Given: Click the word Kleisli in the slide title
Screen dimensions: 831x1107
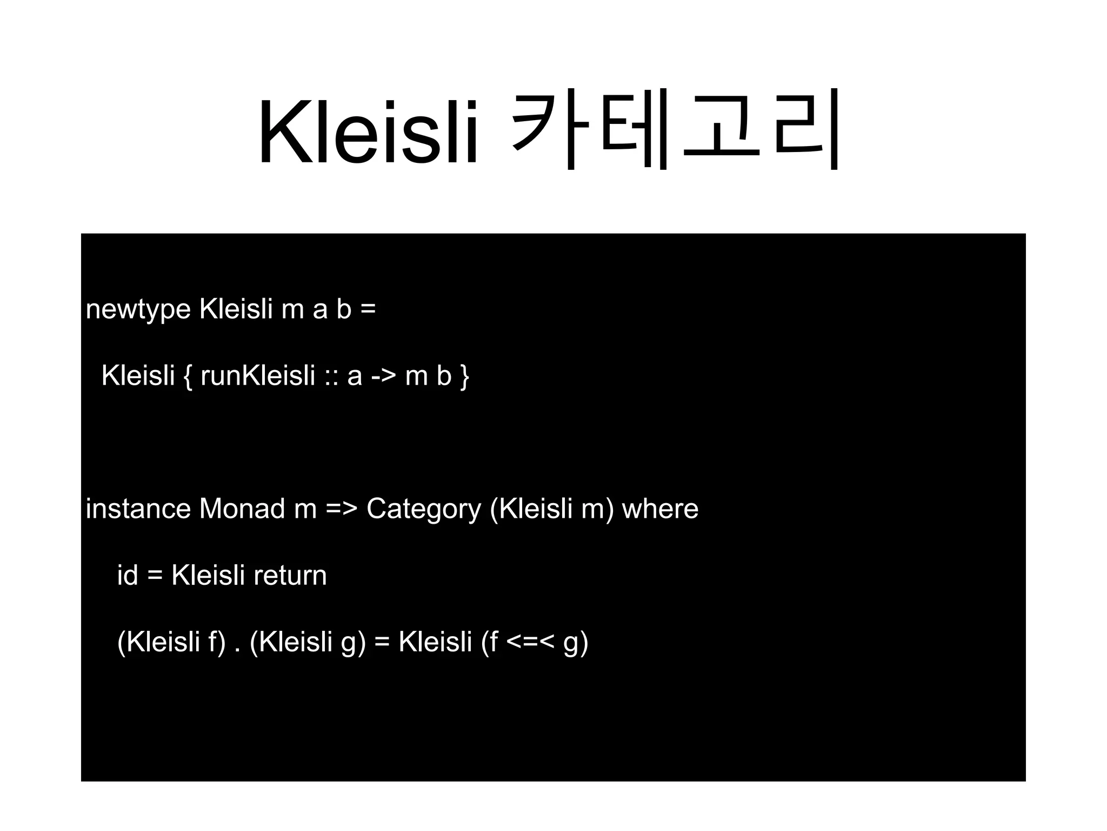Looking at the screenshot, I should point(368,133).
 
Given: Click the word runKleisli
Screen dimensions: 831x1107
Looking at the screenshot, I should point(258,375).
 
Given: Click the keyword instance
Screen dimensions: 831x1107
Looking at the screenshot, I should point(138,509).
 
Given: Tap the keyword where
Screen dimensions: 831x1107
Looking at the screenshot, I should point(660,509).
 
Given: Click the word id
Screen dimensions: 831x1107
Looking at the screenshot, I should point(127,575).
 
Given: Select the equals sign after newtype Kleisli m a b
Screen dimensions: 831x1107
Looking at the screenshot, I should point(368,311).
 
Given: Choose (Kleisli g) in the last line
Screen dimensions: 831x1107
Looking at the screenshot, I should point(308,643).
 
